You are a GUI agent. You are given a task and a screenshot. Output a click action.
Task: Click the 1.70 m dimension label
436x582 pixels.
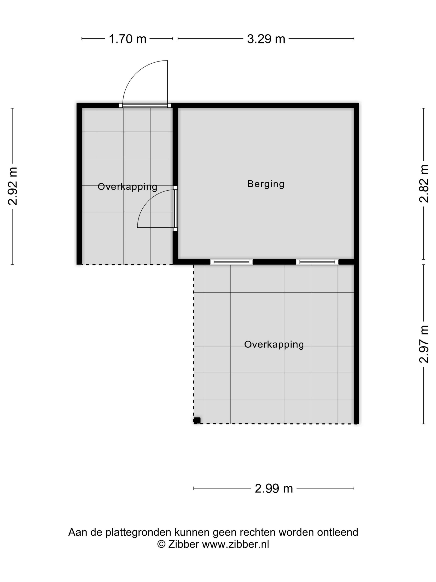(127, 39)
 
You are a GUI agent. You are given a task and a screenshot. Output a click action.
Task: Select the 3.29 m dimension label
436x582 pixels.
(266, 39)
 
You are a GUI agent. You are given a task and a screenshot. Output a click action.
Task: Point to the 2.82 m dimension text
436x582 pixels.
(424, 183)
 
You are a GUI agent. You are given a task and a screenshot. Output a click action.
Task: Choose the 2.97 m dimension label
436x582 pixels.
(424, 344)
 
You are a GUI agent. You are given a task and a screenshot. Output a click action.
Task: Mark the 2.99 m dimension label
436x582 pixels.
(274, 489)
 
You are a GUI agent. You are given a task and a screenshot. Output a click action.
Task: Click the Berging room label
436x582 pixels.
(266, 184)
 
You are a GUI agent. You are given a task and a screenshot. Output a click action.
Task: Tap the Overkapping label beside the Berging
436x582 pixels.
(127, 187)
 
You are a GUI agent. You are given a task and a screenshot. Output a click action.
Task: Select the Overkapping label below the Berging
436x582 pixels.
(274, 344)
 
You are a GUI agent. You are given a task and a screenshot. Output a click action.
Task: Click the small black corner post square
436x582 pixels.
(197, 420)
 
